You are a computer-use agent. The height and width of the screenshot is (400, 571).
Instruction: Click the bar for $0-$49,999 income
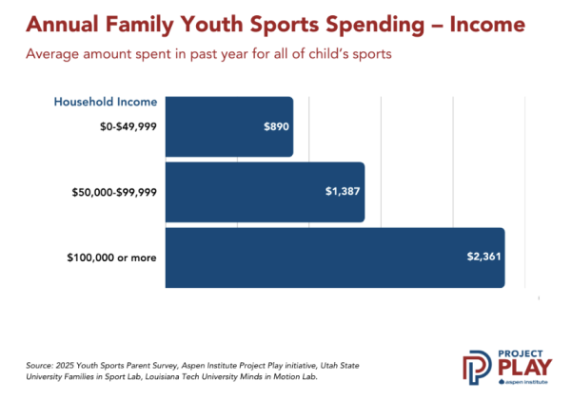pos(229,126)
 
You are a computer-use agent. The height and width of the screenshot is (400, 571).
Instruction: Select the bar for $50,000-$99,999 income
pos(265,192)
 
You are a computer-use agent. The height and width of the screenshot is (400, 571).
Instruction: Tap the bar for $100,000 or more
pos(335,257)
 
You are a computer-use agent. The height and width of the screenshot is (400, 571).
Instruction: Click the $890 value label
pos(276,126)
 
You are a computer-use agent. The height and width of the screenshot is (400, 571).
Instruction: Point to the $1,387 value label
pos(343,191)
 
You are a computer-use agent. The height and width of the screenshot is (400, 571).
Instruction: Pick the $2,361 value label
pos(484,257)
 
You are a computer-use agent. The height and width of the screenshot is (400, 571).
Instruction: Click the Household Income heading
pos(106,102)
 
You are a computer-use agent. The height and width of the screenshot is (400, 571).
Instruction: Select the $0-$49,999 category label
pos(128,126)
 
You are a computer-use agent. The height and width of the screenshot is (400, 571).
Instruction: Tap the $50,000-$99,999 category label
pos(114,192)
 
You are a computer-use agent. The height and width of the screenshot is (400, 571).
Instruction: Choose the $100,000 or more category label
pos(111,257)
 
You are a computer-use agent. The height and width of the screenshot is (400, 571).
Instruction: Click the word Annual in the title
pos(62,25)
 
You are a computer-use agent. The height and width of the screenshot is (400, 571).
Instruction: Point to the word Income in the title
pos(487,25)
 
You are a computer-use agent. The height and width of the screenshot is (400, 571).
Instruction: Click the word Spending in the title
pos(375,26)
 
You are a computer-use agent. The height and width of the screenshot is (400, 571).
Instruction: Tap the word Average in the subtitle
pos(52,54)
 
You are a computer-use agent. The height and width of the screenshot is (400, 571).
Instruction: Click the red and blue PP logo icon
pos(477,368)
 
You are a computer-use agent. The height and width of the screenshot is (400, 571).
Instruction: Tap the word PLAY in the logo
pos(524,368)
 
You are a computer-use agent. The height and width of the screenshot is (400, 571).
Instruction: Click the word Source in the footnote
pos(39,366)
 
